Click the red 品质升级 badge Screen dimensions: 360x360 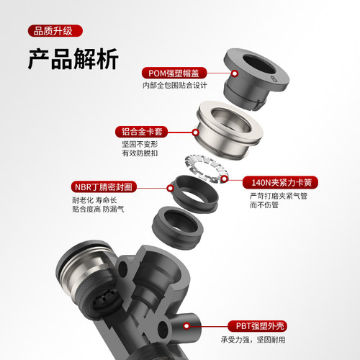tap(54, 32)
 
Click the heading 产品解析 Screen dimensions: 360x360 tap(73, 59)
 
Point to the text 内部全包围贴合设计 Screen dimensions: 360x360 tap(175, 86)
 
